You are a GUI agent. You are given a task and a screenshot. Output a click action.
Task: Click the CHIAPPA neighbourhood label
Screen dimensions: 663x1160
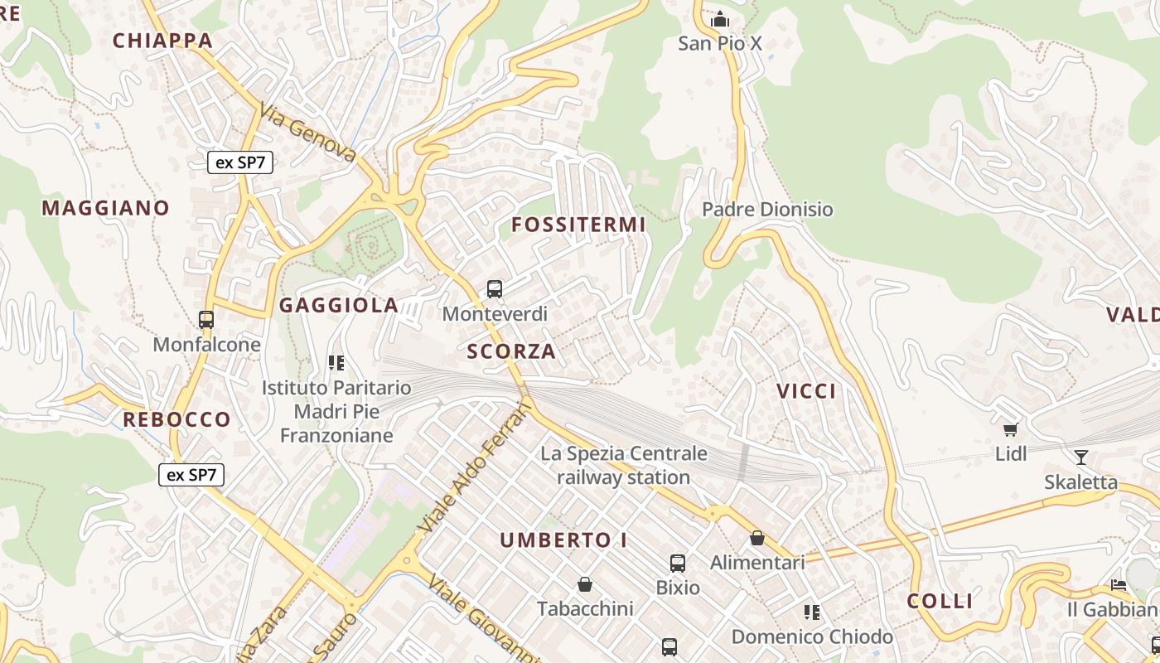tap(162, 41)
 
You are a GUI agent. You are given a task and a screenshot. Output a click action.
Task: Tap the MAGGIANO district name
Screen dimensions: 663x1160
tap(105, 208)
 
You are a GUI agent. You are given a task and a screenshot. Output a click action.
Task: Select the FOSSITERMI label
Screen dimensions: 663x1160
tap(578, 225)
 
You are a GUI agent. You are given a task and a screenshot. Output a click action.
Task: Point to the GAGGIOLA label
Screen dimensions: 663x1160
tap(339, 305)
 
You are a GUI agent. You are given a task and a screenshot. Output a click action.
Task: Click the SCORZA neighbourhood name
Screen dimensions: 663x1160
tap(511, 351)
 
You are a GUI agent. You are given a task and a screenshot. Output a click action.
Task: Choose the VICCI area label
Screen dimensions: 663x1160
tap(806, 391)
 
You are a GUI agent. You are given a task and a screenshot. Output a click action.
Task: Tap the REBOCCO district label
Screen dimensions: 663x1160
tap(176, 419)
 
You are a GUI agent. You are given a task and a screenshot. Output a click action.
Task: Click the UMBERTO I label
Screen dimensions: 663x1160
tap(563, 540)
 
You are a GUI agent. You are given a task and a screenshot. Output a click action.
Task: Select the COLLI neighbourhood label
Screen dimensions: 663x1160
tap(940, 602)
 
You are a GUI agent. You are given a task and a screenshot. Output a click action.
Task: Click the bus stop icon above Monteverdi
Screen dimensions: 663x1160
tap(495, 289)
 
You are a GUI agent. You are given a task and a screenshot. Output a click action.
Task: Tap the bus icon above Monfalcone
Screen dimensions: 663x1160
tap(206, 319)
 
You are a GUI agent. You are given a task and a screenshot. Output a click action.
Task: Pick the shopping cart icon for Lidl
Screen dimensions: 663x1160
tap(1010, 429)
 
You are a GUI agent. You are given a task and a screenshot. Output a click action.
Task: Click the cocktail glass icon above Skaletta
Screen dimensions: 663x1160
tap(1080, 457)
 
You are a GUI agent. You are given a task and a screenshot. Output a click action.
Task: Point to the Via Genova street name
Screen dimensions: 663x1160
tap(307, 133)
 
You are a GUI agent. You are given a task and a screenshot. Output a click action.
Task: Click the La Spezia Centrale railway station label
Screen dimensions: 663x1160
tap(624, 465)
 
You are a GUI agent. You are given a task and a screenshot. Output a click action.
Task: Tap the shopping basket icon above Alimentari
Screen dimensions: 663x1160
tap(757, 538)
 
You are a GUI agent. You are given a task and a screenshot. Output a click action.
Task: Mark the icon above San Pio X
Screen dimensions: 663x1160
tap(720, 19)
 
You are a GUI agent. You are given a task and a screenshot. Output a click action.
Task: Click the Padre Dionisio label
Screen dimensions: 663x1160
tap(767, 209)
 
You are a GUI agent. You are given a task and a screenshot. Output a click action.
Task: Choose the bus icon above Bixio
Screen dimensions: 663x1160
tap(678, 564)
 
